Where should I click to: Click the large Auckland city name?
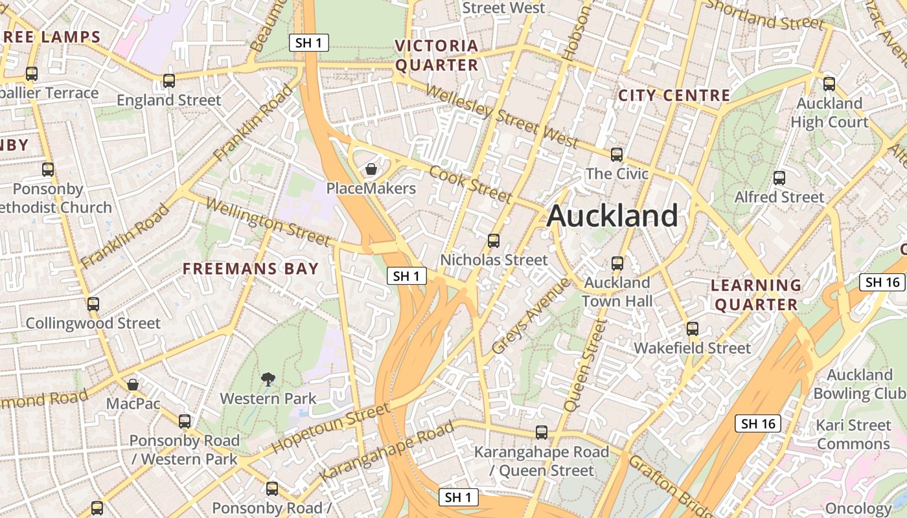(612, 216)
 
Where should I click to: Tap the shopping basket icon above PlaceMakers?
(371, 169)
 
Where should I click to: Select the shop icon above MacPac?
(133, 385)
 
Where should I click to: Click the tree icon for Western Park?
(268, 379)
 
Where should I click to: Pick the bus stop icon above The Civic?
(617, 154)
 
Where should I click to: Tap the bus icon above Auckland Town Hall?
(617, 263)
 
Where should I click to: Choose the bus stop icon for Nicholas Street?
(494, 241)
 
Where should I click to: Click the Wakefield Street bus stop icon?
(693, 328)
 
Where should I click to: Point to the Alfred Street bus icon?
(779, 177)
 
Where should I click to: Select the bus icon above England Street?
(169, 81)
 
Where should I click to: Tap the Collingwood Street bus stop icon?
(93, 304)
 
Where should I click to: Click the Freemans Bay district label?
(251, 269)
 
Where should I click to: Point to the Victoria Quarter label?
(437, 56)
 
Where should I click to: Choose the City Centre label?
(674, 96)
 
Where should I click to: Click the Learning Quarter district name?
(756, 295)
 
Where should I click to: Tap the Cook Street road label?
(471, 184)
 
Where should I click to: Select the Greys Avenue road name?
(531, 315)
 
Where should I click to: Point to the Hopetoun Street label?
(331, 427)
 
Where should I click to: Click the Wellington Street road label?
(268, 221)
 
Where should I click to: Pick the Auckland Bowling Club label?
(859, 384)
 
